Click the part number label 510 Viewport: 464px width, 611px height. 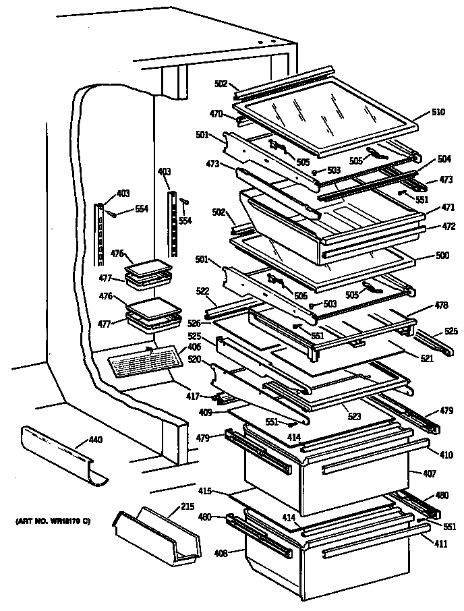pyautogui.click(x=438, y=113)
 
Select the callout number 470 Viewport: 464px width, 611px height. pyautogui.click(x=216, y=115)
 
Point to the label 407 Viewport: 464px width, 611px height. pyautogui.click(x=430, y=473)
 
